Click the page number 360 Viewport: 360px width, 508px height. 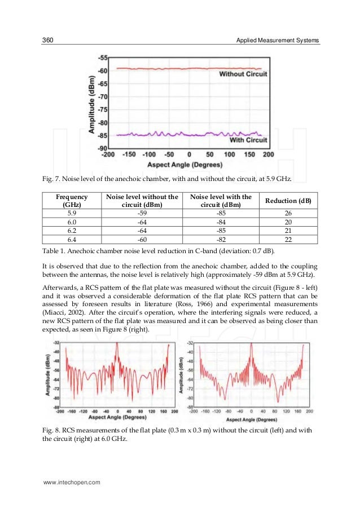[x=49, y=41]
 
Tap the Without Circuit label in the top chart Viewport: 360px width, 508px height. [x=243, y=74]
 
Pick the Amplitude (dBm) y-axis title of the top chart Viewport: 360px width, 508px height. [x=91, y=104]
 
